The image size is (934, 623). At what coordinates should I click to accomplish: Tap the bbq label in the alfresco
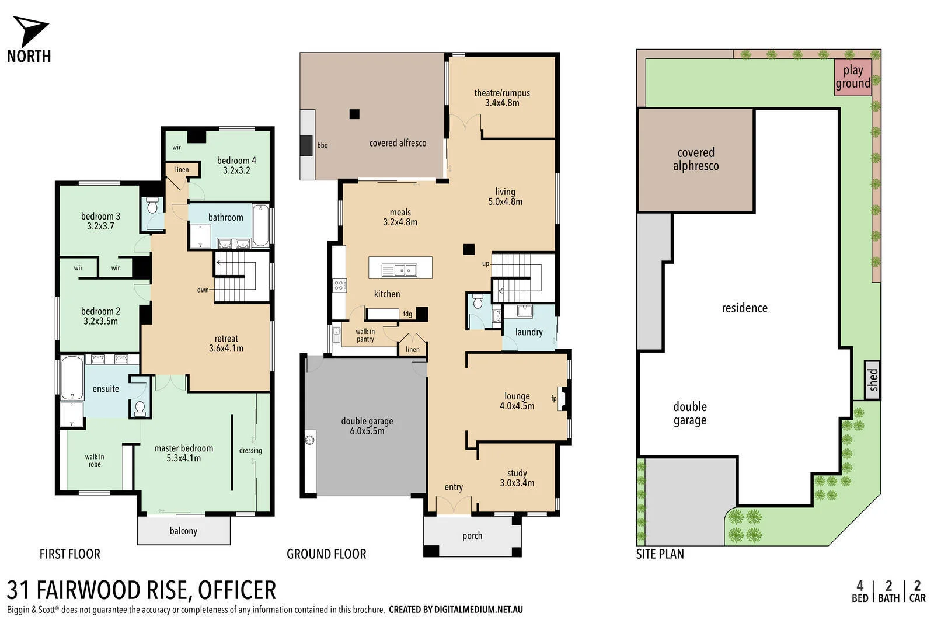[x=322, y=145]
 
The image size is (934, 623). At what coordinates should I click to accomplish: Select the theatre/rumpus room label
[x=501, y=98]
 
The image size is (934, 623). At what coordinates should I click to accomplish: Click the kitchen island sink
[x=399, y=269]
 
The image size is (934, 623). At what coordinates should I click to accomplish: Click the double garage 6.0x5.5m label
[x=367, y=426]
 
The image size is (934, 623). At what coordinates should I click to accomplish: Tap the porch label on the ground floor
[x=472, y=535]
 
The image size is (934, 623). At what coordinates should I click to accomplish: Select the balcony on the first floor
[x=183, y=531]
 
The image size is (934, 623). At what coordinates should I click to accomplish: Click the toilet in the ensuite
[x=140, y=408]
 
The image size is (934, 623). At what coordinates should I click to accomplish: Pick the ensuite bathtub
[x=72, y=378]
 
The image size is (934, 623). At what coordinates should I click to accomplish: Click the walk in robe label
[x=94, y=460]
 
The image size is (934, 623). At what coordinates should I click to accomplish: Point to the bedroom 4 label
[x=236, y=165]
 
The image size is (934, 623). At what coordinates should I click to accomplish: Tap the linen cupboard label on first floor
[x=182, y=170]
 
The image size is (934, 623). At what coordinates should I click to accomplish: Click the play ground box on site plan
[x=852, y=76]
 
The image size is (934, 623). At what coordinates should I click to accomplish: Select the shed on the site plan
[x=872, y=380]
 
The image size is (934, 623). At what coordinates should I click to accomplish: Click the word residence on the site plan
[x=744, y=308]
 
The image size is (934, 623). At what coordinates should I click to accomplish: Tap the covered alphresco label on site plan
[x=695, y=159]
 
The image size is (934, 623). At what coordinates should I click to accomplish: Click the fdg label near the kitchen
[x=407, y=314]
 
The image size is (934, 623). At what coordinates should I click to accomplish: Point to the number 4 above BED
[x=859, y=586]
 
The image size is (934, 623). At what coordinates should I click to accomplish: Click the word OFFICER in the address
[x=237, y=590]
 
